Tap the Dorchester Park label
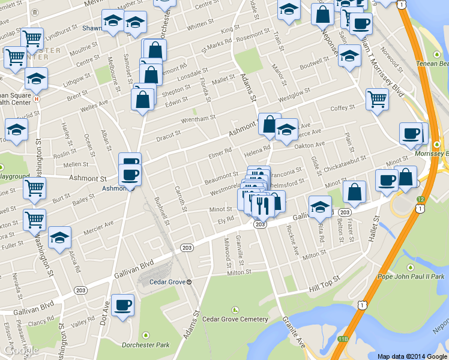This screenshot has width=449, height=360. pos(145,344)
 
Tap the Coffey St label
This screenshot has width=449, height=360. pos(343,108)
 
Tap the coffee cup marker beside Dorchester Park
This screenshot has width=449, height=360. pos(124,305)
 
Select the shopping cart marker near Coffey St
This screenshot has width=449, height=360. pos(377,98)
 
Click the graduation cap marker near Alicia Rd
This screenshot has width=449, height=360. pos(59,238)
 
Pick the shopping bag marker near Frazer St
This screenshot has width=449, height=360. pos(355,193)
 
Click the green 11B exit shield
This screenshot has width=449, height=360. pos(342,339)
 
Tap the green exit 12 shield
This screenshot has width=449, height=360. pos(421,199)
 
